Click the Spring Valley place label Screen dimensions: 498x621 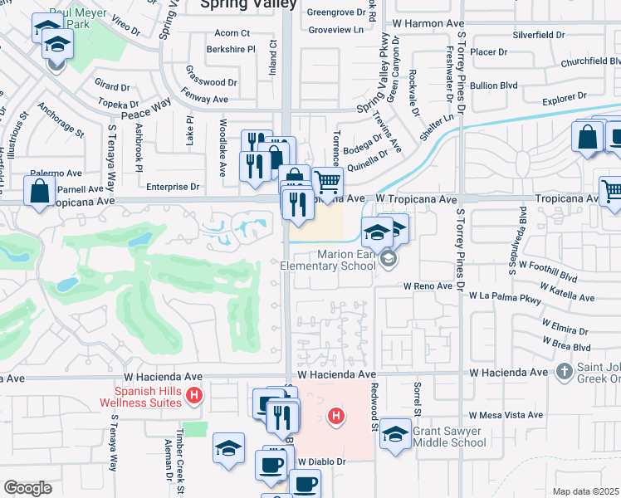point(248,4)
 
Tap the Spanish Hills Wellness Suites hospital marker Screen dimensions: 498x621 point(194,395)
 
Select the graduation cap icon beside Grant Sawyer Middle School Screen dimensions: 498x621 point(396,435)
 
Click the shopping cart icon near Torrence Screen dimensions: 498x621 point(328,181)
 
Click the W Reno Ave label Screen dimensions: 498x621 point(428,286)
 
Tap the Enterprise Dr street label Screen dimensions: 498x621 point(173,188)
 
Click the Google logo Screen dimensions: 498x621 point(27,488)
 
